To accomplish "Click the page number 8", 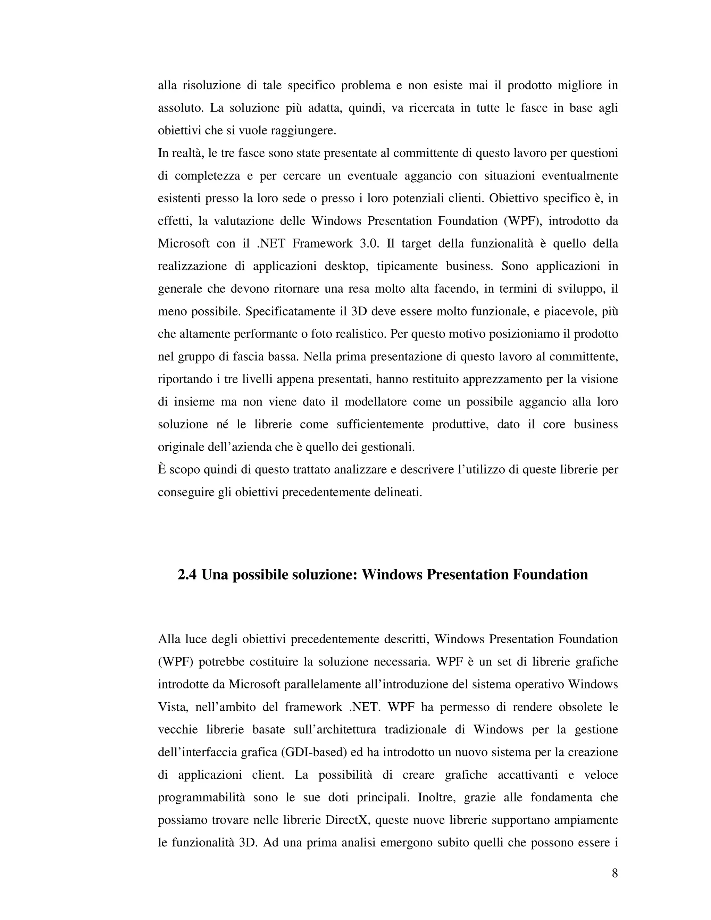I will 614,874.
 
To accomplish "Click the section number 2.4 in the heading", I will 187,575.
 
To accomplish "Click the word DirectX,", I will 348,820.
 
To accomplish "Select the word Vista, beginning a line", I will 172,707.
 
